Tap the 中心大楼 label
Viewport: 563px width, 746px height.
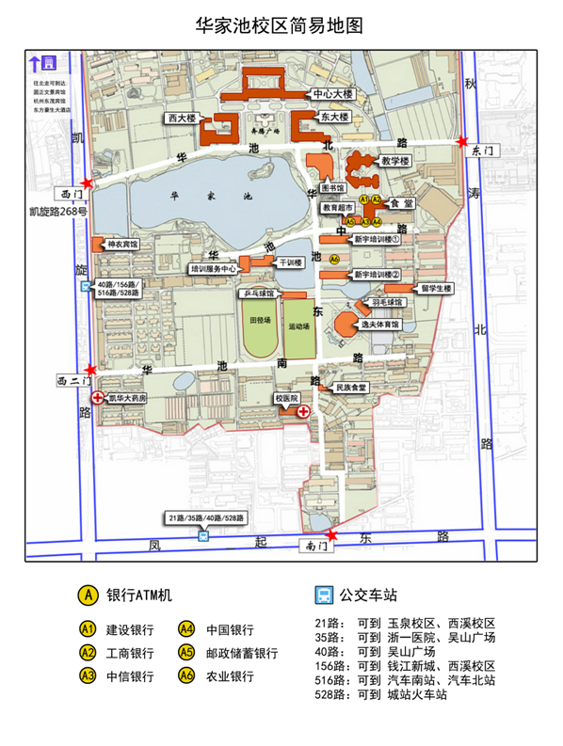point(334,95)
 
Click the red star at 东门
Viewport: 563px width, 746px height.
point(461,142)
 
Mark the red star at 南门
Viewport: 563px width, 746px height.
point(330,535)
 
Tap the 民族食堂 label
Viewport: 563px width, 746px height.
point(350,387)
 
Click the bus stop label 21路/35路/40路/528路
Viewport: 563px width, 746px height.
point(205,518)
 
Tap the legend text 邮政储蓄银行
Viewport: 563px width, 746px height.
point(242,653)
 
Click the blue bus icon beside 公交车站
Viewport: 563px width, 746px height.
point(322,595)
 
